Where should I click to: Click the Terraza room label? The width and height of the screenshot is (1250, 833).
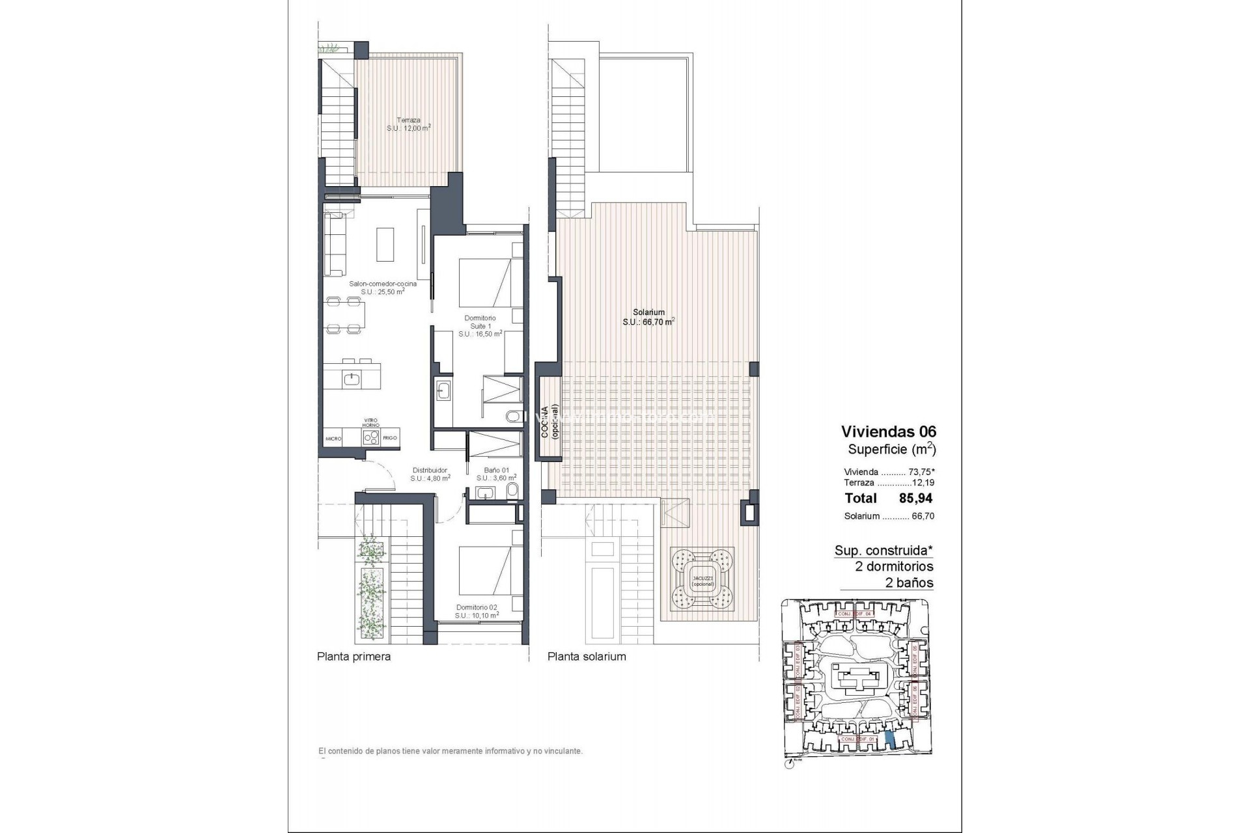(x=409, y=124)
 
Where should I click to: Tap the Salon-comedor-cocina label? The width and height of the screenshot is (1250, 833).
(x=383, y=288)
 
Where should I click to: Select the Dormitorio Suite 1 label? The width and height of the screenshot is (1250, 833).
(x=480, y=326)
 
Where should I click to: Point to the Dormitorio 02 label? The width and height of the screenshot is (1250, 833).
(x=477, y=611)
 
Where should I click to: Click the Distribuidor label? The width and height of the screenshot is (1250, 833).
(x=430, y=474)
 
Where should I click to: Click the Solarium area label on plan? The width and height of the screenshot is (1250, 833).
(x=648, y=317)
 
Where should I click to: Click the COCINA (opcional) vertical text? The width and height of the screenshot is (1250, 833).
(x=548, y=423)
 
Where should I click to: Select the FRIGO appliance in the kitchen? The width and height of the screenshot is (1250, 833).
(x=390, y=438)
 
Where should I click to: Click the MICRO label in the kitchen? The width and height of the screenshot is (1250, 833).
(x=334, y=439)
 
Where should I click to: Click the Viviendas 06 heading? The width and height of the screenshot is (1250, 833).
(x=888, y=431)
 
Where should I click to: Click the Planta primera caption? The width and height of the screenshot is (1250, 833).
(x=354, y=657)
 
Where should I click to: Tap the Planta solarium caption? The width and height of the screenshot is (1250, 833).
(x=587, y=657)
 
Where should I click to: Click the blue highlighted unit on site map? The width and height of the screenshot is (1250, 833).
(x=890, y=739)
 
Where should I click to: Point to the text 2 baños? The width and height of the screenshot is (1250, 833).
(x=909, y=583)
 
